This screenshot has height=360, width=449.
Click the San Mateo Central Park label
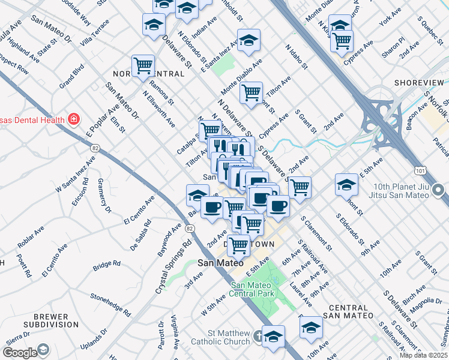253,289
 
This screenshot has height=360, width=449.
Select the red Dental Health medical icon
73,119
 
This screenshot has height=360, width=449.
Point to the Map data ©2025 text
423,355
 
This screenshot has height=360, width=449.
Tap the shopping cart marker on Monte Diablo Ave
251,93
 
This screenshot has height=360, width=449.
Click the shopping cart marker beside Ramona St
143,65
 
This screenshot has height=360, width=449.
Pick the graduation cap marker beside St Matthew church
273,336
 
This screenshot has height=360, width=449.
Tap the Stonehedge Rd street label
110,304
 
